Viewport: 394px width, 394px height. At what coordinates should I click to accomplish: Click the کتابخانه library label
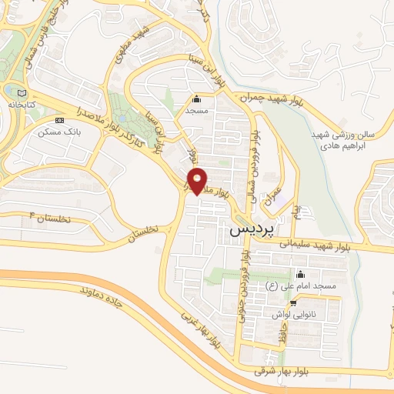coord(23,102)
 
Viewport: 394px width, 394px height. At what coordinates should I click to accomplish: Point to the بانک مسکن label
coord(62,132)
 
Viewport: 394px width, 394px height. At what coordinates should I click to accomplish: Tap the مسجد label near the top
coord(196,110)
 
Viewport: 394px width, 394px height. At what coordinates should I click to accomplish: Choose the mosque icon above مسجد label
coord(196,98)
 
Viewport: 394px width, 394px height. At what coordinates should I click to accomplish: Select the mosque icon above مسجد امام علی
coord(299,275)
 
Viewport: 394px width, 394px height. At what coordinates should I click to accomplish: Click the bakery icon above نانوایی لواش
coord(292,303)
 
